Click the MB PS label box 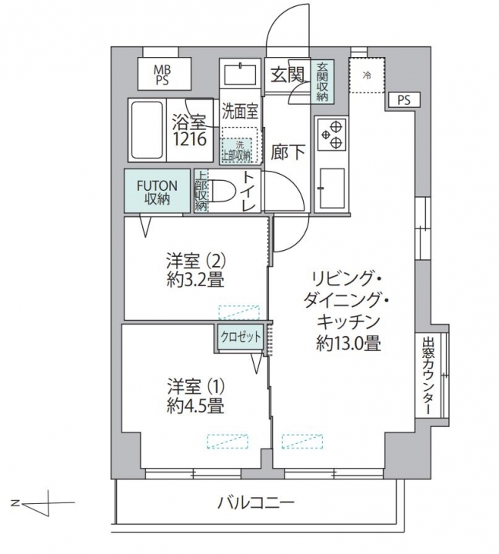click(165, 74)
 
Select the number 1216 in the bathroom click(189, 140)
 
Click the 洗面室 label click(240, 112)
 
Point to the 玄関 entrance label click(288, 75)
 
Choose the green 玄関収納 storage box click(322, 82)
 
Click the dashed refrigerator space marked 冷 click(367, 75)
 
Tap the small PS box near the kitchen click(404, 100)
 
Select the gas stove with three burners click(331, 134)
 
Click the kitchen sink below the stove click(331, 189)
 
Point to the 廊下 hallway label click(288, 152)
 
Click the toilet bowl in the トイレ click(225, 191)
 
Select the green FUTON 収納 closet click(157, 191)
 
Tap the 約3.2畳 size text click(195, 281)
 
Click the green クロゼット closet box click(241, 338)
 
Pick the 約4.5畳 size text click(195, 406)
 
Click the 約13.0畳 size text click(348, 343)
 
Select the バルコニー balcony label click(255, 502)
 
